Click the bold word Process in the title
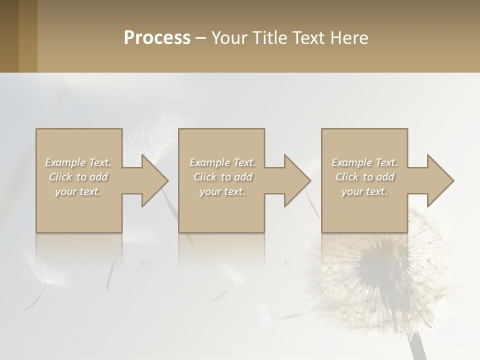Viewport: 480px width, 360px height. point(157,38)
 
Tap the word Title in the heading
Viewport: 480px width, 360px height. point(267,38)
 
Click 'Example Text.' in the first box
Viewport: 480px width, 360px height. point(78,162)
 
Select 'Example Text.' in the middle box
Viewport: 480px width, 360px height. point(222,162)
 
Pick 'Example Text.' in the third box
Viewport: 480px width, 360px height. point(364,162)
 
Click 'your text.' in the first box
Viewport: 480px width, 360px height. point(78,191)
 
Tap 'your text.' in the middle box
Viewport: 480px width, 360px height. point(222,191)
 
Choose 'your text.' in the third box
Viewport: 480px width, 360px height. point(364,191)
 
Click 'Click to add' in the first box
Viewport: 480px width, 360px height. point(78,177)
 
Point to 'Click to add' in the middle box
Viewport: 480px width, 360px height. point(222,177)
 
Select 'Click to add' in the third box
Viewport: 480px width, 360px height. point(364,177)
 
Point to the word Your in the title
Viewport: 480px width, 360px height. point(229,38)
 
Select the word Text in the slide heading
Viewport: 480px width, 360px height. point(306,38)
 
